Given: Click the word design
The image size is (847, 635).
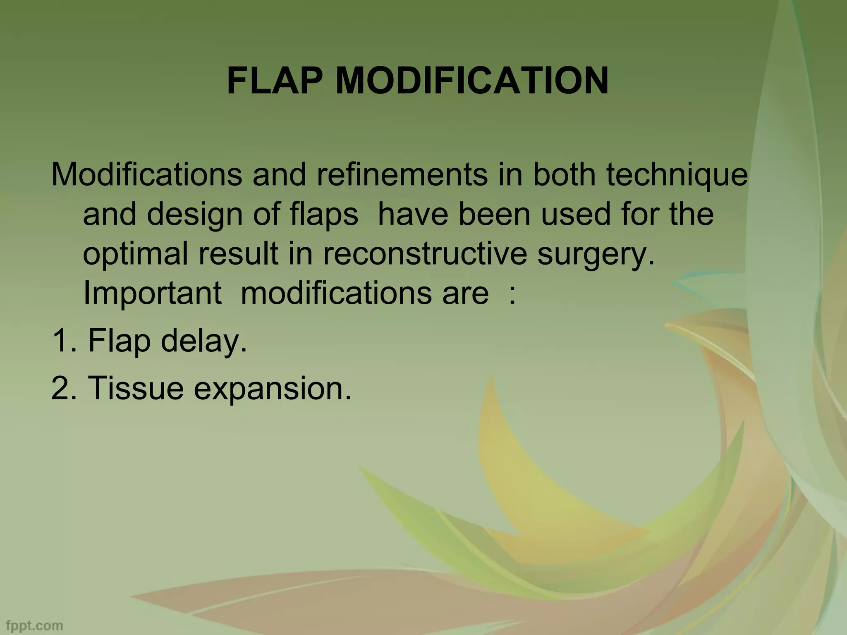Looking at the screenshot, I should point(194,215).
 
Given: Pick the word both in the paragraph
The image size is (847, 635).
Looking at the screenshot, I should point(564,175).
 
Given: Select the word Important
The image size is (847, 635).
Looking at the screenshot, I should point(152,294).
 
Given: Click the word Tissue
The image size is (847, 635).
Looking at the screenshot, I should point(136,388).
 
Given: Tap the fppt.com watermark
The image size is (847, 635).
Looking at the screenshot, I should point(32,625).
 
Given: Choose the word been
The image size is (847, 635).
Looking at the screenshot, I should point(494,214).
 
